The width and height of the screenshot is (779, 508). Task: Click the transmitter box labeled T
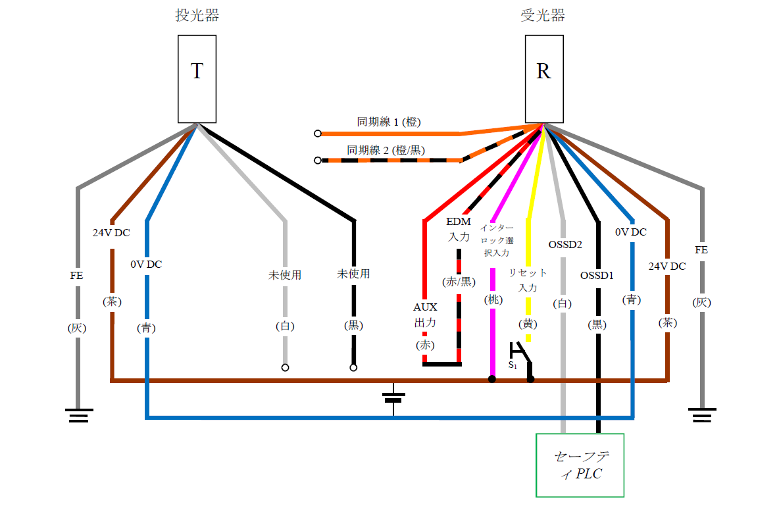point(197,78)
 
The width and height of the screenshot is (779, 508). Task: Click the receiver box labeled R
point(543,78)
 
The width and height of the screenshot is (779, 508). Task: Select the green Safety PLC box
point(580,465)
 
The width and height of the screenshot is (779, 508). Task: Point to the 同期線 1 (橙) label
point(389,122)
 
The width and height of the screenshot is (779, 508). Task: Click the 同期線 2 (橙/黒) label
point(388,149)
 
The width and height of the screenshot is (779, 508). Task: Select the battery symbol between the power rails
point(393,397)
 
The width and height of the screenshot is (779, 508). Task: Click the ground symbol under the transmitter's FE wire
point(78,415)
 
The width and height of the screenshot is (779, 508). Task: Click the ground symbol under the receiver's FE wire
point(702,415)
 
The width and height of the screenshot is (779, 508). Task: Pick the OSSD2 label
point(565,245)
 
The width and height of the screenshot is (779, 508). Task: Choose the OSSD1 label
point(597,276)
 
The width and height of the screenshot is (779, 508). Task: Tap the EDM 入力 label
point(458,229)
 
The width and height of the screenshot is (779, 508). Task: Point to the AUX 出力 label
point(425,315)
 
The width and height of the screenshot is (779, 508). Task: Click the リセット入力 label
point(528,280)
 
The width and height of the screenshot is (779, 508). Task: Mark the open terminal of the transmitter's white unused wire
point(285,368)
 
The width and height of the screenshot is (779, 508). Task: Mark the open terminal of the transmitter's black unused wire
point(353,368)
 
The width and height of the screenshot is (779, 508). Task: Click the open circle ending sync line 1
point(318,134)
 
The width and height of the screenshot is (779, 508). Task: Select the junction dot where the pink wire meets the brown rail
point(491,379)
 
